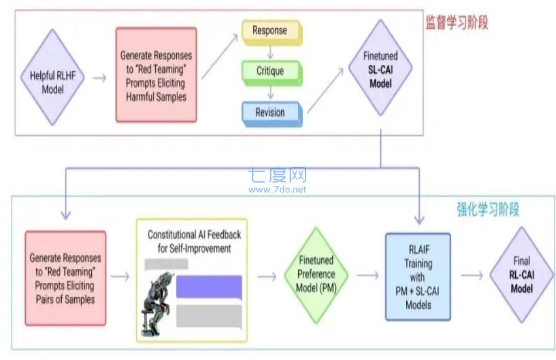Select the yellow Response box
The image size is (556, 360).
(270, 31)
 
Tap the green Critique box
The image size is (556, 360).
(270, 71)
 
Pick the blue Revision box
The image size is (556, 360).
(270, 112)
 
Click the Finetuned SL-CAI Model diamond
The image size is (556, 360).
(380, 70)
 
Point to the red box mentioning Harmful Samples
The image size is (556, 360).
(156, 75)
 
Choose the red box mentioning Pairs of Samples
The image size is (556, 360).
(65, 278)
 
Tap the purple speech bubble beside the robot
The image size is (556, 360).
(209, 287)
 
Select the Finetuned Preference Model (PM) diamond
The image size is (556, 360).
(316, 275)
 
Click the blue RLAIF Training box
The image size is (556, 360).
(418, 277)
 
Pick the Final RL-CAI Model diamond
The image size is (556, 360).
(521, 275)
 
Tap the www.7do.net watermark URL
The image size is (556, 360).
(277, 189)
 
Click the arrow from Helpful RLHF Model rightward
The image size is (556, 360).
(99, 78)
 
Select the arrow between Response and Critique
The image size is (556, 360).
(270, 52)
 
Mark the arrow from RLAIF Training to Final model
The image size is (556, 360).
(470, 276)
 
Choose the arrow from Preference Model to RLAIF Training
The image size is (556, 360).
(367, 276)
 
